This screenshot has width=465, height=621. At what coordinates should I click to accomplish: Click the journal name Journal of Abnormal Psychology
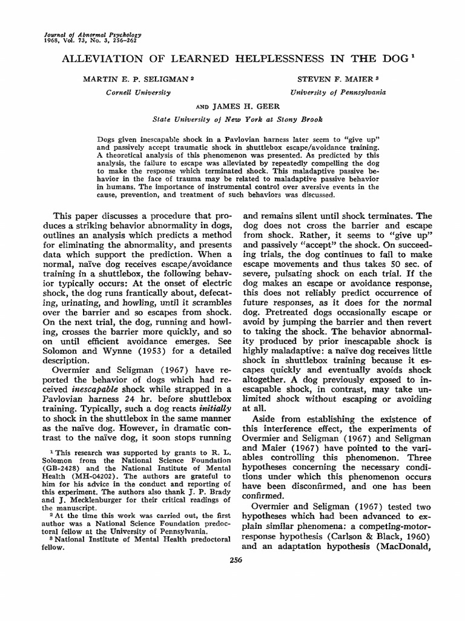coord(81,35)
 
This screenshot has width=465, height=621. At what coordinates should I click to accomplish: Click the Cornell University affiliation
coord(139,92)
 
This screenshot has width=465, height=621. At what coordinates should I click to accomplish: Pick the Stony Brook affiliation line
coord(238,119)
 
